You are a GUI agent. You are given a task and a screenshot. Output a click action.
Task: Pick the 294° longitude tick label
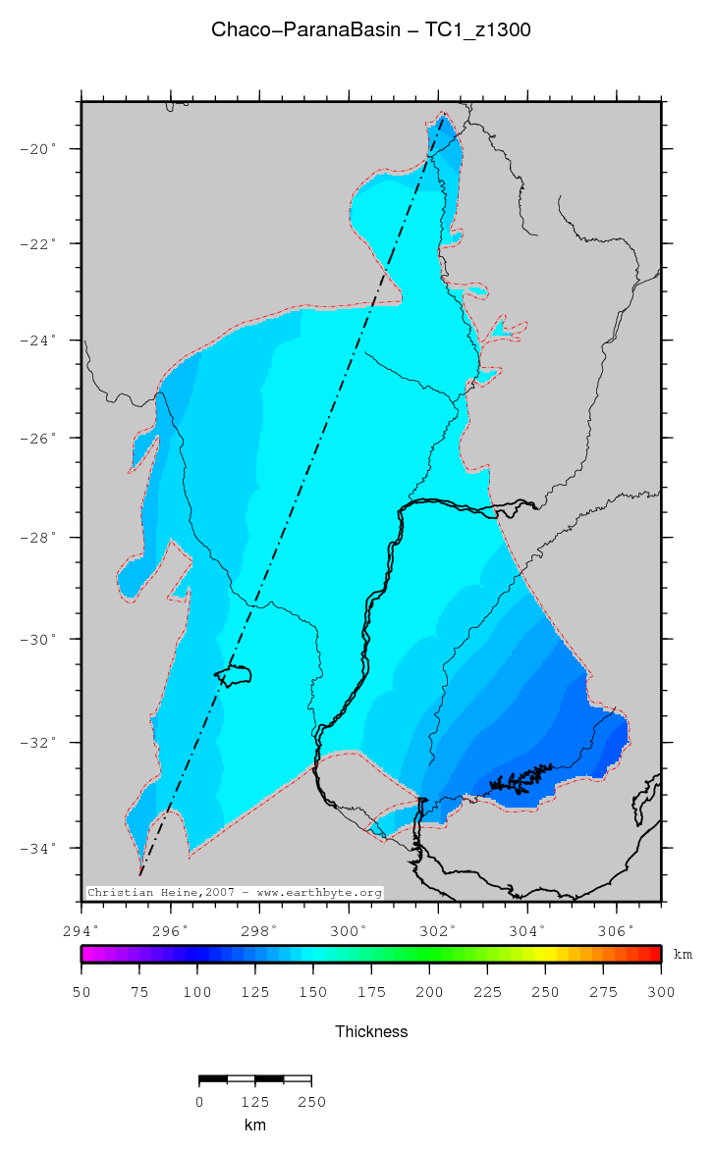(82, 929)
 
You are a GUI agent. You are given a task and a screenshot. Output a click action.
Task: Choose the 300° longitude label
(349, 929)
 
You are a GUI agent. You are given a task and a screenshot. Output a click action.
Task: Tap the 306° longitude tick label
(616, 929)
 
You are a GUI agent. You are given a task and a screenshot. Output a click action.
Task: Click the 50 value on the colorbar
(82, 993)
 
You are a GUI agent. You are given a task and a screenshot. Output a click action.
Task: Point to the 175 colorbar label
(371, 993)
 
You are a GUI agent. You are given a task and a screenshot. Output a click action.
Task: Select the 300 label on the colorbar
(661, 993)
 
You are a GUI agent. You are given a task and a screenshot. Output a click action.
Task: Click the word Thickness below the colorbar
(371, 1031)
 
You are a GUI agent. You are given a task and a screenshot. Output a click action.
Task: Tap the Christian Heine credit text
(234, 893)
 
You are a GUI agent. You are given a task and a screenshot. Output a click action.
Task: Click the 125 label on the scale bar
(255, 1102)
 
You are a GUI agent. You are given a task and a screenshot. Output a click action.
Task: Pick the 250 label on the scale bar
(311, 1102)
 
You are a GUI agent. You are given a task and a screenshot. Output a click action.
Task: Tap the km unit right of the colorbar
(683, 954)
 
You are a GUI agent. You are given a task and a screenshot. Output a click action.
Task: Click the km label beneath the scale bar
(255, 1125)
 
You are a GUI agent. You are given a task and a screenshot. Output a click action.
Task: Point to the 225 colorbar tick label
(487, 993)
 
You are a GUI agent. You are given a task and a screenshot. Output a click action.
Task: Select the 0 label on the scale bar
(199, 1102)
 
